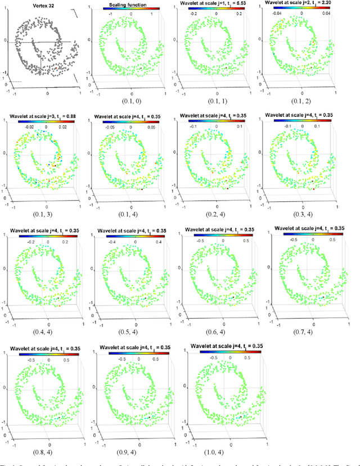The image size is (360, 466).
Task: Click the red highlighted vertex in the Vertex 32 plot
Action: coord(60,66)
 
